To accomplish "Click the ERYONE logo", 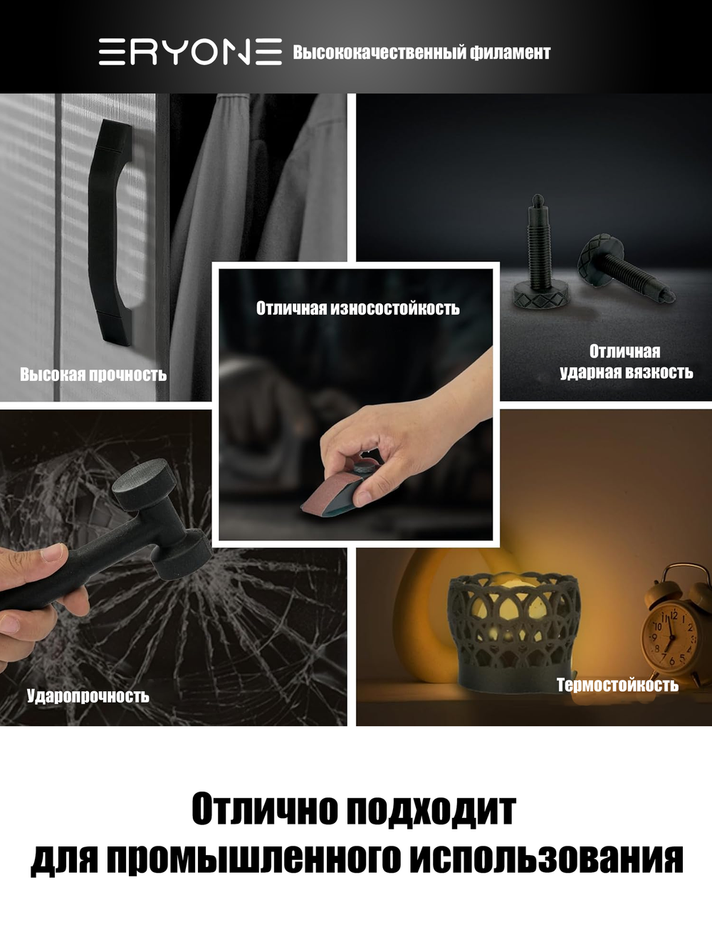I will click(x=190, y=52).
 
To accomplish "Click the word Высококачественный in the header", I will click(x=379, y=53).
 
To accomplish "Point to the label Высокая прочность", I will click(x=93, y=374).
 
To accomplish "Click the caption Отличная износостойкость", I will click(x=357, y=308).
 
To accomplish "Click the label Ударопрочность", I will click(x=88, y=696).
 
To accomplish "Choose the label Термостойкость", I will click(x=617, y=685).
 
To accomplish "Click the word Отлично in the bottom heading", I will click(x=264, y=809).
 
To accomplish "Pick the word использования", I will click(x=546, y=858).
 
